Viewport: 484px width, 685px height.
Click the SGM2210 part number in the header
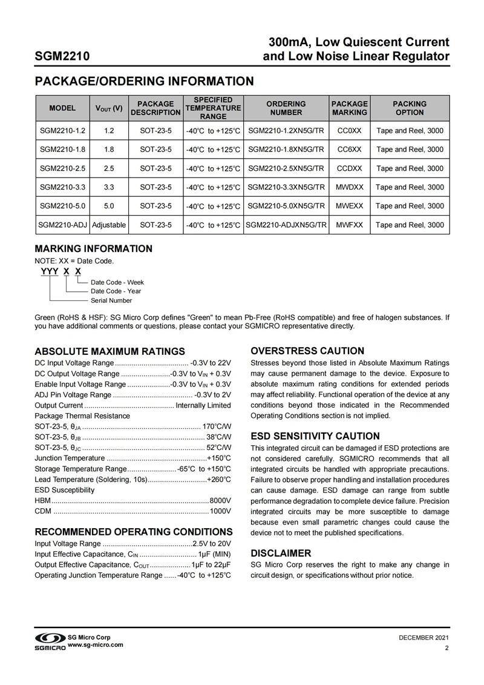[62, 57]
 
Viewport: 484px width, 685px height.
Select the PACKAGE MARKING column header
[349, 108]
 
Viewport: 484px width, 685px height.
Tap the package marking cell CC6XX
[349, 149]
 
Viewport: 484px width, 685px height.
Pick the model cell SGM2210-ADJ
[62, 225]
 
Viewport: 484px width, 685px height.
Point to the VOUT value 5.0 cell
[109, 206]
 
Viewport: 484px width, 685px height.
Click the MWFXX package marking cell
[349, 225]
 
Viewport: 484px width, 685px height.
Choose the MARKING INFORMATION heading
[93, 249]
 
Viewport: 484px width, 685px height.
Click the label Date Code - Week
[117, 282]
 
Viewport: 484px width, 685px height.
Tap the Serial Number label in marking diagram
[111, 300]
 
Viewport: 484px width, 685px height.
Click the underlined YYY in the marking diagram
[49, 272]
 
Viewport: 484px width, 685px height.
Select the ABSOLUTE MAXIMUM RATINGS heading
[110, 351]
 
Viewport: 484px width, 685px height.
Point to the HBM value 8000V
[220, 500]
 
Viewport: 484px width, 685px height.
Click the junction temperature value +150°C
[218, 458]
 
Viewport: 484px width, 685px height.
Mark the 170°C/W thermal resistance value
[217, 426]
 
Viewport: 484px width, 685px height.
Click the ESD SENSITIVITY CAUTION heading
[315, 436]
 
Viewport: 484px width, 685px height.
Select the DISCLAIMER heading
[281, 553]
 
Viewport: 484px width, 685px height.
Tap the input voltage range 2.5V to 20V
[211, 543]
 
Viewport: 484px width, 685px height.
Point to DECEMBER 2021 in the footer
[423, 638]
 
